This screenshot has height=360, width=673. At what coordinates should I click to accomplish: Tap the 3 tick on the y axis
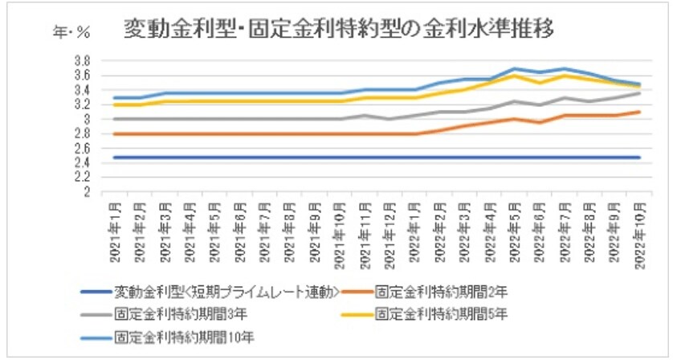[x=84, y=120]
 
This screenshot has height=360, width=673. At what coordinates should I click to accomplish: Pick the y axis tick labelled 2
[x=84, y=193]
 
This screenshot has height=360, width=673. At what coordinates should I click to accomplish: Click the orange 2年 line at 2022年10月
[x=639, y=112]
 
